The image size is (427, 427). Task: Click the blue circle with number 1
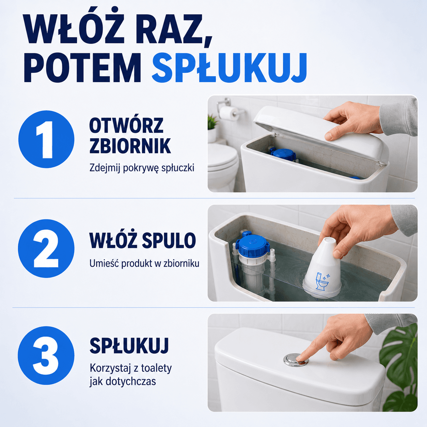click(x=46, y=139)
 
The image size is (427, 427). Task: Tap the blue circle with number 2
click(x=46, y=248)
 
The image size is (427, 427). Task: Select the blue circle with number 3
click(x=46, y=355)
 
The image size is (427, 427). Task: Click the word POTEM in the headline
click(x=82, y=68)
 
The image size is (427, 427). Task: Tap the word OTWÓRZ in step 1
click(x=126, y=125)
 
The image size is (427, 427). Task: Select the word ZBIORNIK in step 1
click(x=130, y=146)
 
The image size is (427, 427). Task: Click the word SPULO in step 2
click(x=169, y=240)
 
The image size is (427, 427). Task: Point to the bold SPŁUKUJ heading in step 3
click(x=129, y=346)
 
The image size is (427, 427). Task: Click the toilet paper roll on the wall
click(x=229, y=113)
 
